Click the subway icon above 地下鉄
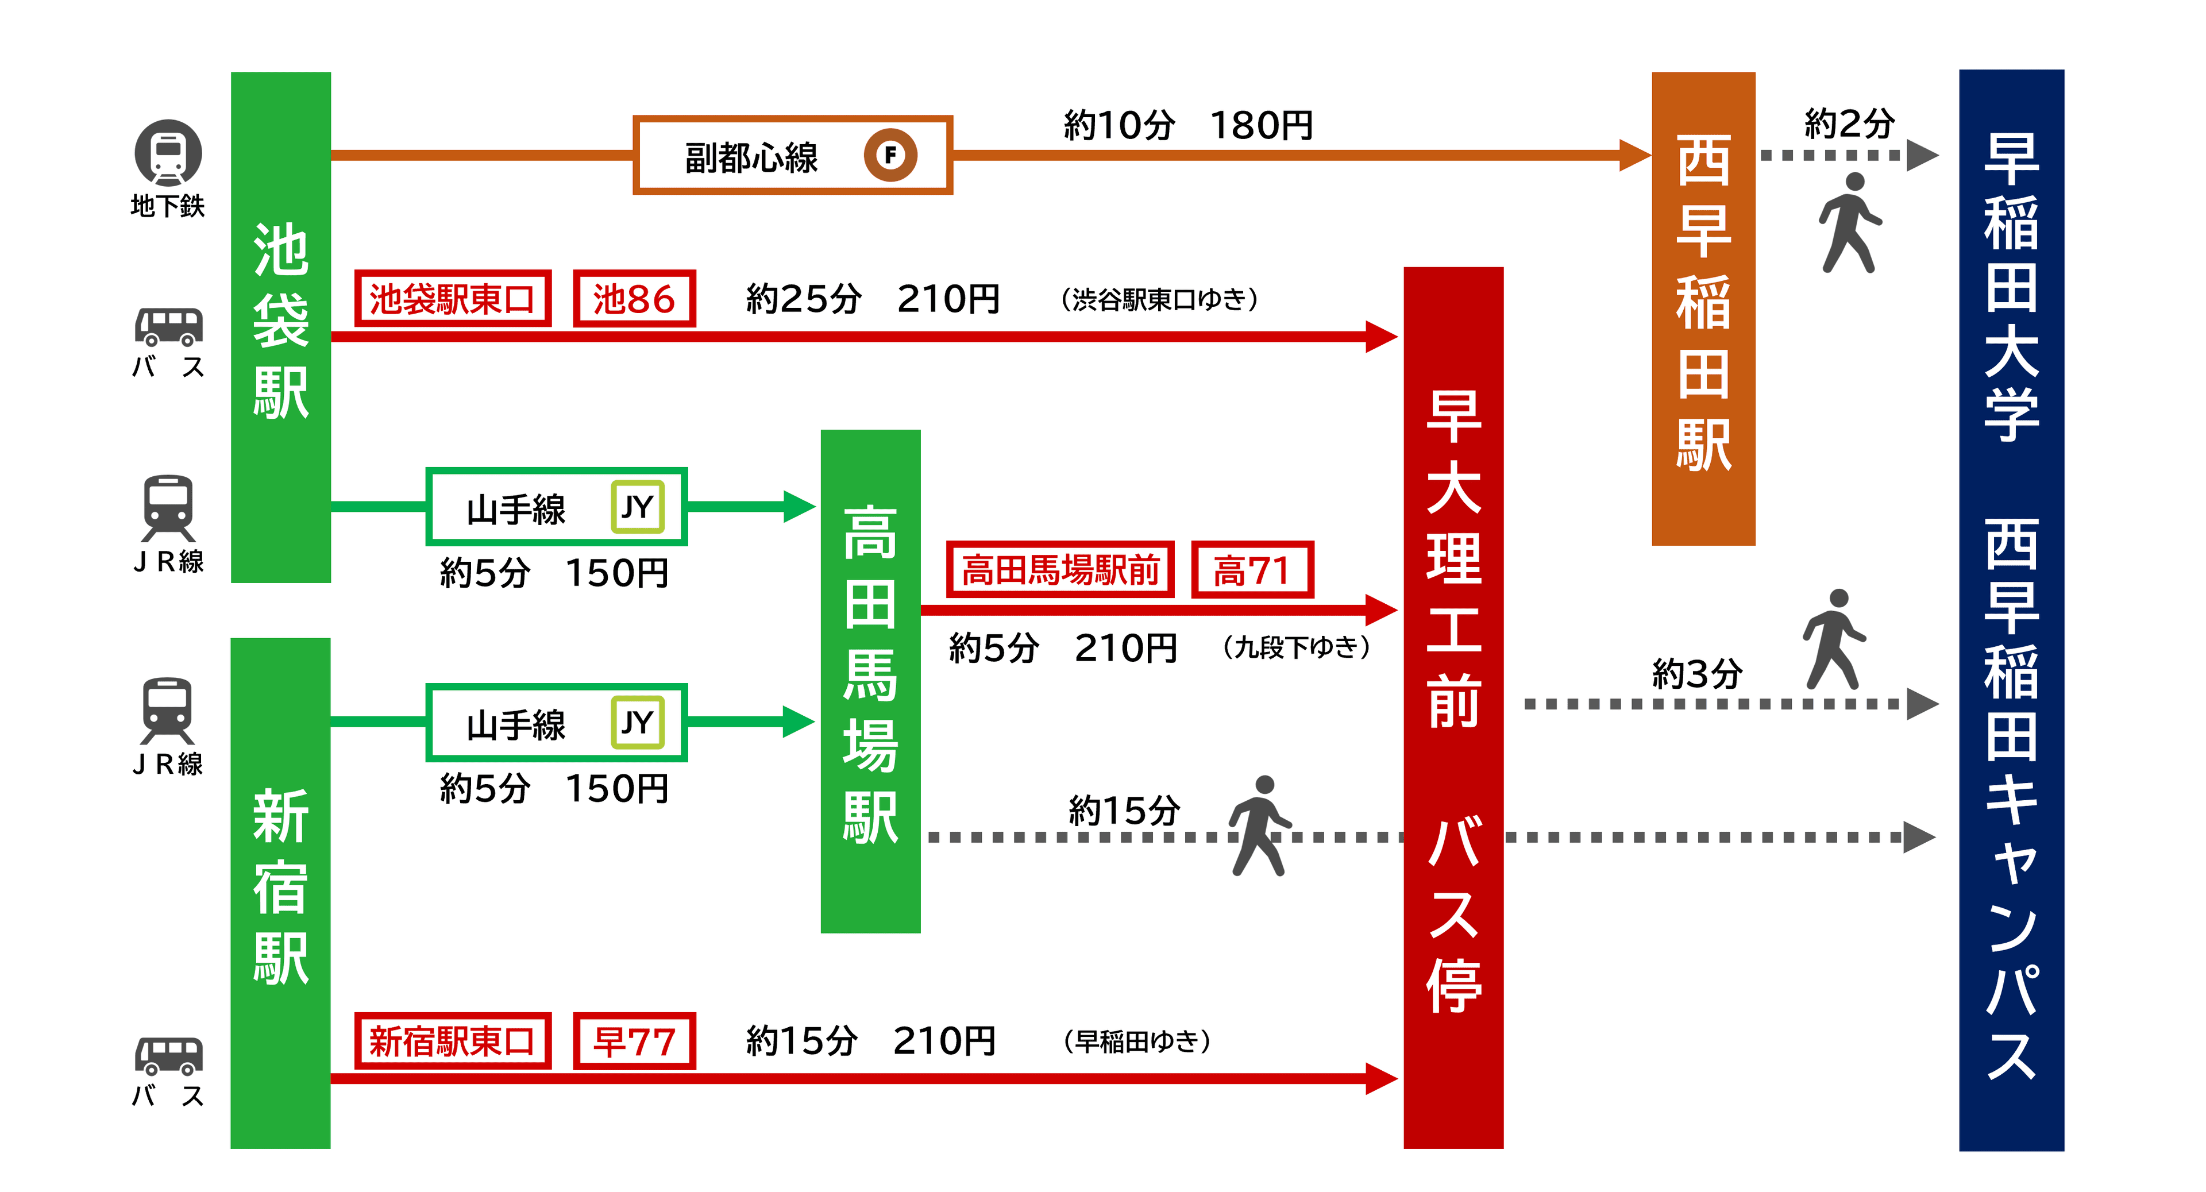point(168,152)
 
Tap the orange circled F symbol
point(890,156)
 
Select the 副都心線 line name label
point(751,157)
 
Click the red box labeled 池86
point(634,299)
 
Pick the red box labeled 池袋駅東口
point(452,299)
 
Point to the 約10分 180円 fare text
point(1188,125)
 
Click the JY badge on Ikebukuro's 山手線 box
point(637,507)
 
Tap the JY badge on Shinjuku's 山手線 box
point(637,723)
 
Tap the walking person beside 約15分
point(1259,825)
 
